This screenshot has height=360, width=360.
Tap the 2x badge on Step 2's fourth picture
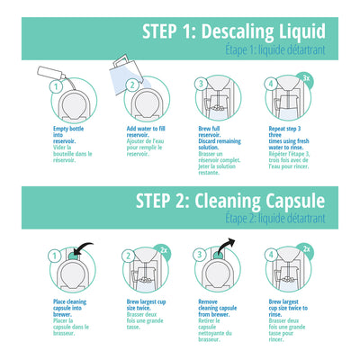coord(305,248)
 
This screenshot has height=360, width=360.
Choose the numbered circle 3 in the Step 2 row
coord(200,256)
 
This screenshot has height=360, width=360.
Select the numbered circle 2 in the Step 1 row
coord(130,86)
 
